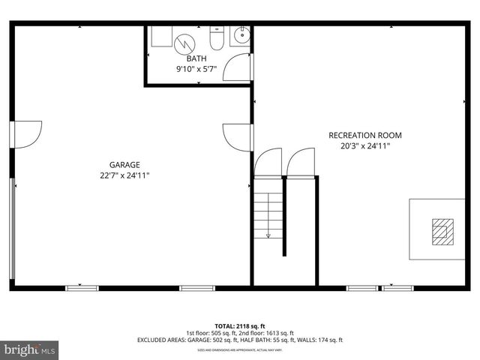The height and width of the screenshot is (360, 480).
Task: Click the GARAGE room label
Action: point(124,164)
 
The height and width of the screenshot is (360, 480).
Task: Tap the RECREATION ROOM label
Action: point(365,136)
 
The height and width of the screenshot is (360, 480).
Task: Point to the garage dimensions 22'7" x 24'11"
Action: point(124,175)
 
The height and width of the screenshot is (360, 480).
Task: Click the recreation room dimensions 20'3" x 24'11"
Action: point(365,147)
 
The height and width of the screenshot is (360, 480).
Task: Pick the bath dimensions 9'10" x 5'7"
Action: point(196,69)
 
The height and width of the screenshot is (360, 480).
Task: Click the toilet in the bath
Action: point(217,38)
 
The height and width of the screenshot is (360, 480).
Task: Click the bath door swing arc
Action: point(238,67)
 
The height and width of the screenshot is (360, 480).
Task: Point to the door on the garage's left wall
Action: point(27,133)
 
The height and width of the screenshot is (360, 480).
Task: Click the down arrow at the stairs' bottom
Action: point(268,235)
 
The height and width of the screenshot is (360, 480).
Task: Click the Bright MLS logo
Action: point(30,349)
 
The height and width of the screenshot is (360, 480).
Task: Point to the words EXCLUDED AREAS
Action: point(161,340)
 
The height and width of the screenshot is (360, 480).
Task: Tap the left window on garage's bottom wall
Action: point(82,287)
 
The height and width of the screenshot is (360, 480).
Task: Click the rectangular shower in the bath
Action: point(161,36)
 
